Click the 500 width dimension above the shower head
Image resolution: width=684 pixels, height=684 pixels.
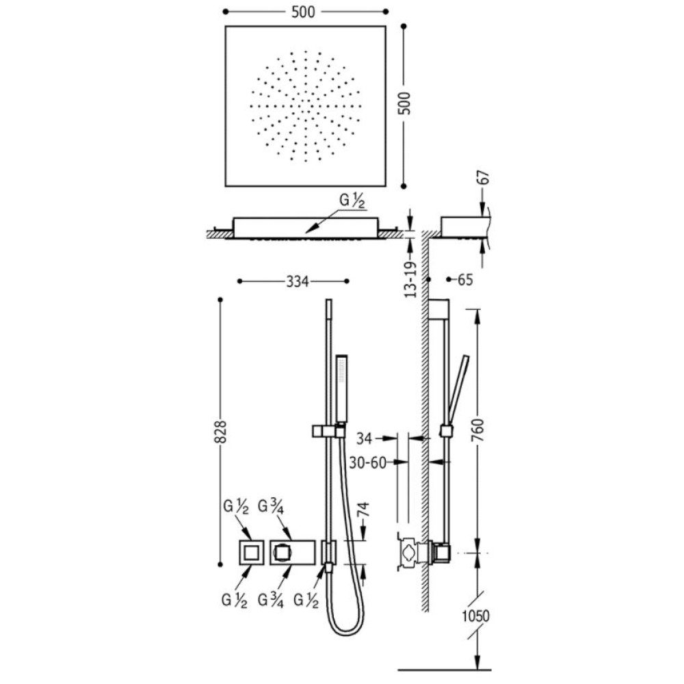tap(303, 12)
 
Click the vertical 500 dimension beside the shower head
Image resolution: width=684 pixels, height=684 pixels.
tap(405, 103)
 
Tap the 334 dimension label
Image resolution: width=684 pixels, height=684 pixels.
tap(298, 282)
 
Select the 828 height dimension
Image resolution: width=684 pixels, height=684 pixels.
tap(221, 432)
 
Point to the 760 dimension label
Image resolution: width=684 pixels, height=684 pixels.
tap(479, 430)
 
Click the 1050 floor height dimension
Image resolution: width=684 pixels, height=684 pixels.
tap(476, 616)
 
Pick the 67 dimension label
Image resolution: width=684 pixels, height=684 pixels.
tap(484, 179)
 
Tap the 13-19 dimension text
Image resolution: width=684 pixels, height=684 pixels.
tap(410, 280)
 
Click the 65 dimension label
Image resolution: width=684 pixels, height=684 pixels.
tap(465, 280)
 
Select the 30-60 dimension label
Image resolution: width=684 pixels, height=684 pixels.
tap(368, 462)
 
